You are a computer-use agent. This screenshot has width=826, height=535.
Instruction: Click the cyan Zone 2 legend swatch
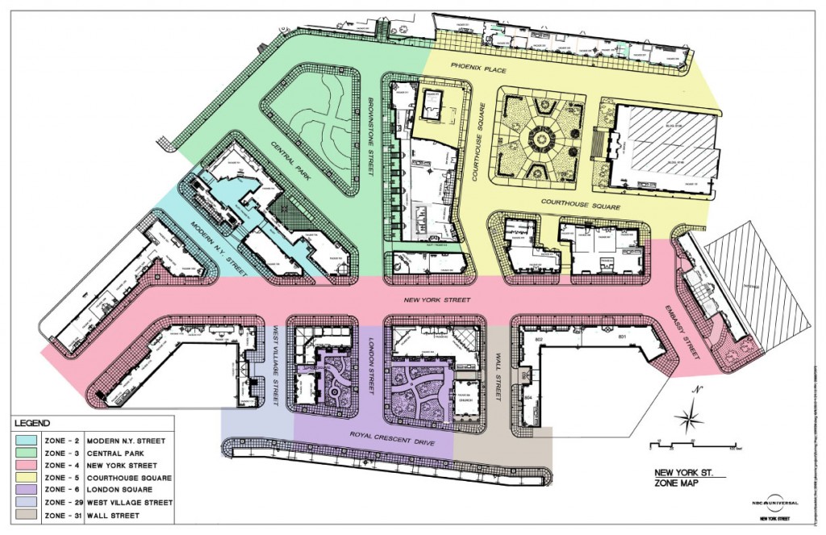(27, 441)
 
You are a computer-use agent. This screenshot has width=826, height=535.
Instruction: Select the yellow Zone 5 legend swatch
(27, 477)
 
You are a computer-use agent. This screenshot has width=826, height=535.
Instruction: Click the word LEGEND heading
(31, 423)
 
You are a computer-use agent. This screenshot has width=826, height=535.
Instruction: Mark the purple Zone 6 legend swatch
(27, 489)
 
